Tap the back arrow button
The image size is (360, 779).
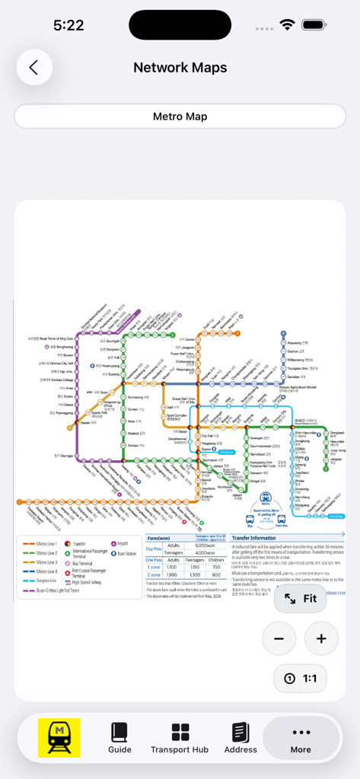[33, 68]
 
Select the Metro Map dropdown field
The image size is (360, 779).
[180, 116]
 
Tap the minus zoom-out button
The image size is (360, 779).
[279, 638]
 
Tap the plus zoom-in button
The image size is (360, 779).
[321, 638]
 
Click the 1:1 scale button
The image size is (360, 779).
[300, 678]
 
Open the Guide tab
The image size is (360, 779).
[119, 736]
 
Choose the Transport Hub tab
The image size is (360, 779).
[180, 736]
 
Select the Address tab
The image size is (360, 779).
[241, 736]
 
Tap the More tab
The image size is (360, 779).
[301, 736]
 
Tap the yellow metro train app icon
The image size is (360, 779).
[59, 736]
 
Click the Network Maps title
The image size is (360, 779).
[180, 68]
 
